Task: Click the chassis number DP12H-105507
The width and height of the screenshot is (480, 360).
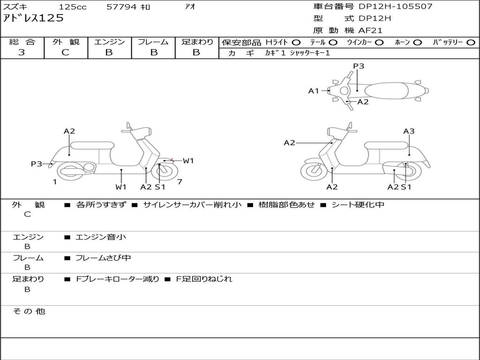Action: pos(396,7)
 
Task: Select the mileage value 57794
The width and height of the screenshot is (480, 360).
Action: pos(121,7)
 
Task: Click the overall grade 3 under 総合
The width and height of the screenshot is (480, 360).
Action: pos(22,52)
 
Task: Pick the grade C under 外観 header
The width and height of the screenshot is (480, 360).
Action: pos(66,52)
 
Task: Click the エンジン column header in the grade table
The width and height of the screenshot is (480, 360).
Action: pos(109,42)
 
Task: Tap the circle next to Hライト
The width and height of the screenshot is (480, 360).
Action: pos(296,43)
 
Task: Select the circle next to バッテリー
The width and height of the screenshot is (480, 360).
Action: pos(471,43)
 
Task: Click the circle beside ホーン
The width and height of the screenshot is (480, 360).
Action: pos(417,43)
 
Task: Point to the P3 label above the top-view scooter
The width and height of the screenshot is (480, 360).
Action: pos(359,66)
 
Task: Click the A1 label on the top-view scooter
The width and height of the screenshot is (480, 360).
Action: pos(314,90)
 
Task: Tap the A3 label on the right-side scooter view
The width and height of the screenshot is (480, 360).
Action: pos(409,131)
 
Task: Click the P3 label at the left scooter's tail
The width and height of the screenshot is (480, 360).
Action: pos(37,164)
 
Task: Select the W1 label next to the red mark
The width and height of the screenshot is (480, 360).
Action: pos(188,161)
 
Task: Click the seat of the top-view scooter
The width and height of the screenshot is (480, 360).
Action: pos(386,90)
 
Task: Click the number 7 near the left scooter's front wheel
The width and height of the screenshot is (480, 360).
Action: pos(180,182)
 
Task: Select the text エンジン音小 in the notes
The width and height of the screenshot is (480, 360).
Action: pos(101,237)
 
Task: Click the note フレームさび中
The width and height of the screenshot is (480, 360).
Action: pos(103,258)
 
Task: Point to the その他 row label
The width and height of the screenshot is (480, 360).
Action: pos(29,311)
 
